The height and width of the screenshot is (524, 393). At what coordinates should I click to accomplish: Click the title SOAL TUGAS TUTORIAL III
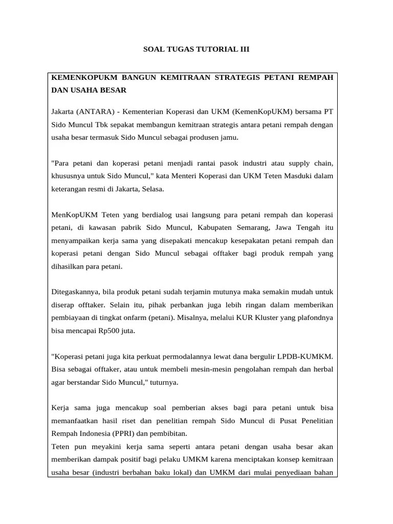(x=196, y=50)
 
